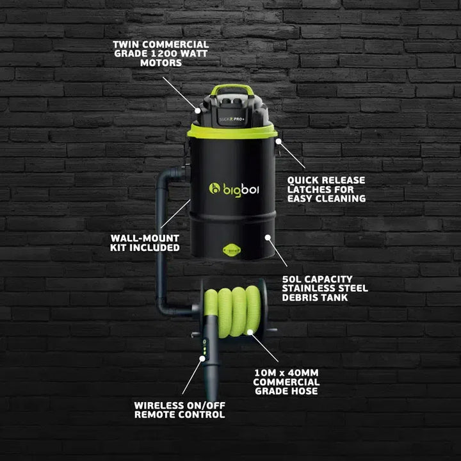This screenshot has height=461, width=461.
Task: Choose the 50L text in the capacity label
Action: tap(293, 279)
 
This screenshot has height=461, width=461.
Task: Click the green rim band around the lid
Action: tap(232, 131)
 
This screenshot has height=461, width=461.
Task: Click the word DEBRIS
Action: tap(300, 298)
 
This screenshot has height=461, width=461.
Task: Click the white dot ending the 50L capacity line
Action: tap(270, 238)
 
